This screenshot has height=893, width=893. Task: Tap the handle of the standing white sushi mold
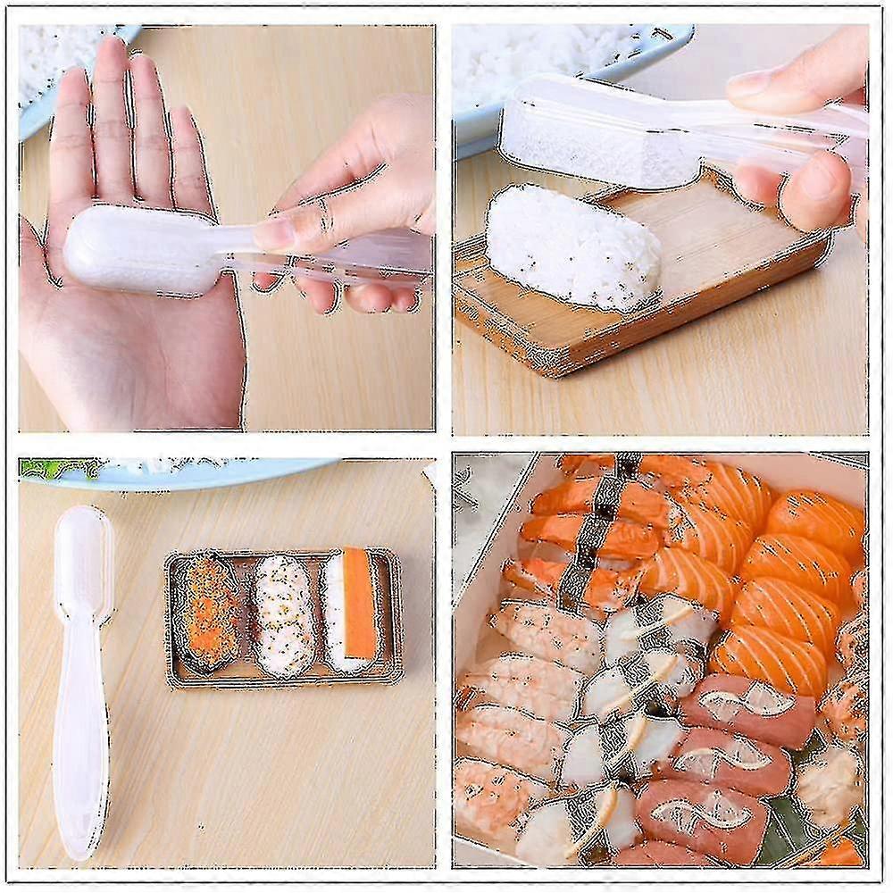80,732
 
